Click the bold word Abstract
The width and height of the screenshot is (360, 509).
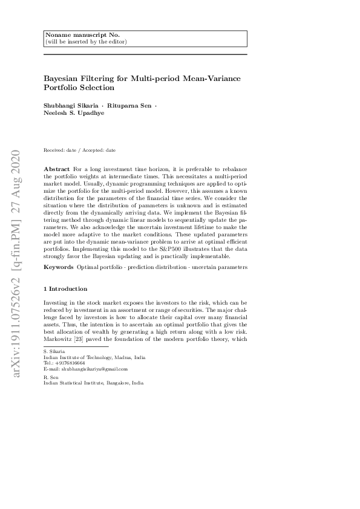[56, 167]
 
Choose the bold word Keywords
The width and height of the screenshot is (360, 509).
[58, 267]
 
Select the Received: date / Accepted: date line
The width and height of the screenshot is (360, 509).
[79, 150]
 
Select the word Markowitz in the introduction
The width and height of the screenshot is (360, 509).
[57, 340]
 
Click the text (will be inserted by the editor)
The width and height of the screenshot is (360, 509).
[85, 42]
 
